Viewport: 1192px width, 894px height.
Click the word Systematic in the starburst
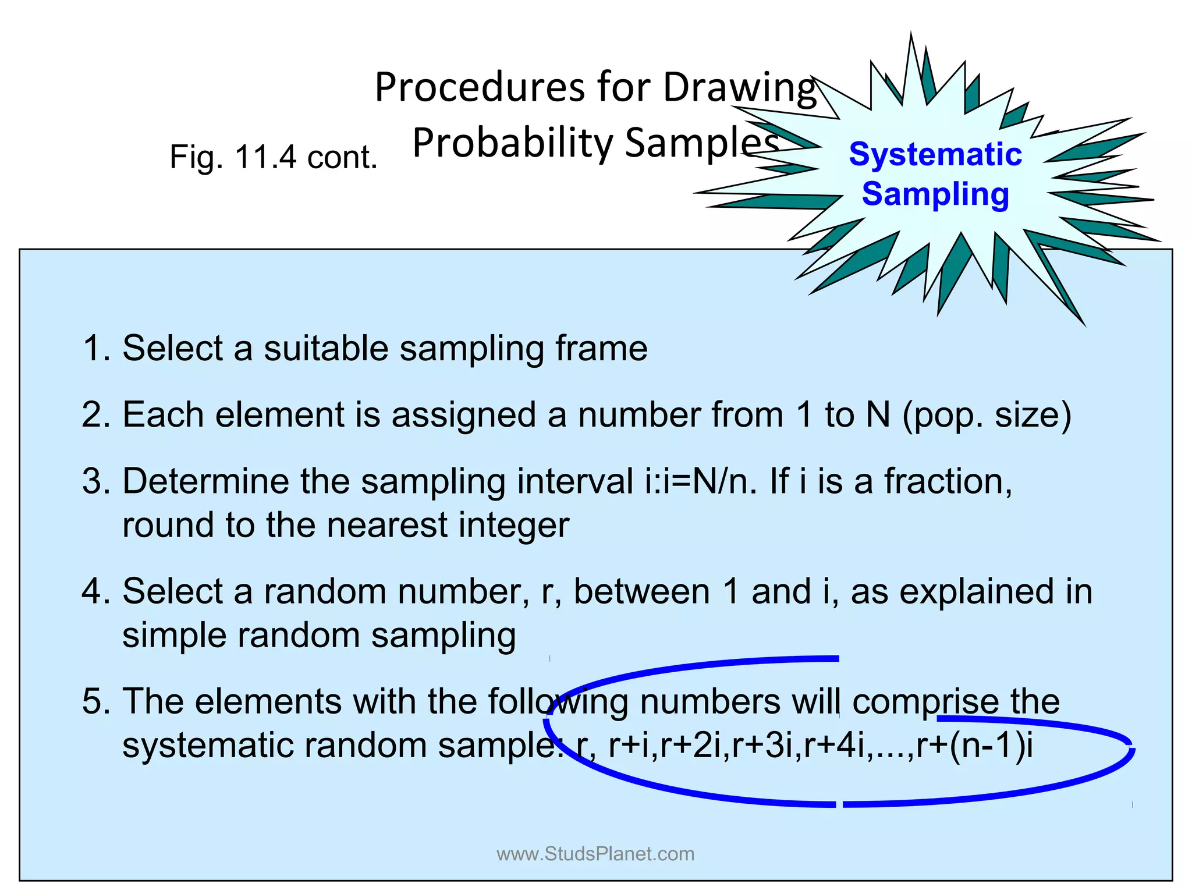(x=935, y=155)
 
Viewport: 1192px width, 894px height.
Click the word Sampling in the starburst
(x=935, y=194)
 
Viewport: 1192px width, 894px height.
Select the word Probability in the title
(x=512, y=143)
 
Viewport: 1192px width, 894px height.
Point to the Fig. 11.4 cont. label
(x=274, y=157)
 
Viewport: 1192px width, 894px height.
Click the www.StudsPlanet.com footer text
(x=595, y=854)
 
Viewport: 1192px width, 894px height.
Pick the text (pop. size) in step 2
(x=987, y=416)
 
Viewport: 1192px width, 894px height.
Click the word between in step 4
(x=641, y=592)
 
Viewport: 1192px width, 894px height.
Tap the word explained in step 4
(x=977, y=592)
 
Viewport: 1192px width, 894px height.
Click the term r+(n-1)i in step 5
(x=975, y=746)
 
